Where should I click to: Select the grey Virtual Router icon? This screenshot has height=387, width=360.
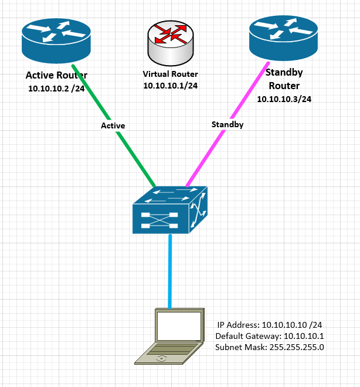[x=170, y=44]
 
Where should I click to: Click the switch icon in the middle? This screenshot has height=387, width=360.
[x=170, y=210]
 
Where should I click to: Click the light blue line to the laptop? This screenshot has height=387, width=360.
[x=171, y=270]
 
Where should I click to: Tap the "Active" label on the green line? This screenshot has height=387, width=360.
[x=113, y=125]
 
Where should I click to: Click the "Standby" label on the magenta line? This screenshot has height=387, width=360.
[x=227, y=124]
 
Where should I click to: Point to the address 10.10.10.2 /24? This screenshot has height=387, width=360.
[x=56, y=89]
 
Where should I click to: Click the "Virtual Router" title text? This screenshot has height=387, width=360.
[x=170, y=74]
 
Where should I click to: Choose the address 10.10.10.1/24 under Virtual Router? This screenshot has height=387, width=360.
[x=170, y=86]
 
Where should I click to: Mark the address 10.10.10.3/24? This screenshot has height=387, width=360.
[x=284, y=99]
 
